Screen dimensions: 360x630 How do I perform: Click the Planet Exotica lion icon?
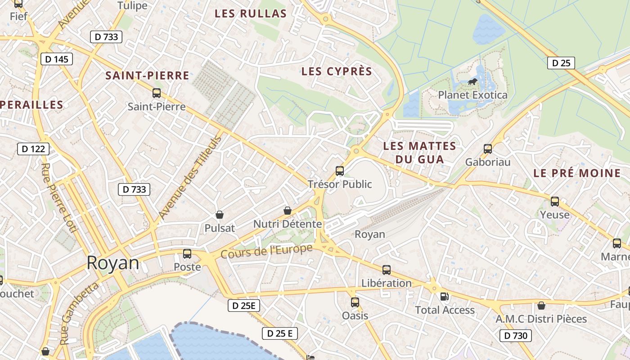click(472, 82)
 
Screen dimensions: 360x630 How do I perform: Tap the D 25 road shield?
click(561, 63)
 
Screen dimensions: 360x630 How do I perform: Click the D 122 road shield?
click(33, 148)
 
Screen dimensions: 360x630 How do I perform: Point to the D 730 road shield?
click(516, 335)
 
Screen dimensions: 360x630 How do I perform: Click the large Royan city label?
click(112, 263)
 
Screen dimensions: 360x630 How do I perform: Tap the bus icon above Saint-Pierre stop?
click(157, 93)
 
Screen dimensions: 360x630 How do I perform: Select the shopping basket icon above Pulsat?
click(220, 215)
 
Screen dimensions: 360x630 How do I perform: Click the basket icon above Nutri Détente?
click(288, 211)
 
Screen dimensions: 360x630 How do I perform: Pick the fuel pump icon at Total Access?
click(444, 297)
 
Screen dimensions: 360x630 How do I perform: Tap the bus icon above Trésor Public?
click(340, 171)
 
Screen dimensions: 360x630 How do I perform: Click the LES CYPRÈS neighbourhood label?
click(337, 72)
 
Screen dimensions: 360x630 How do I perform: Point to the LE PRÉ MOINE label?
click(576, 173)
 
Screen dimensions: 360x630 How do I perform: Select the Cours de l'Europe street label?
click(266, 252)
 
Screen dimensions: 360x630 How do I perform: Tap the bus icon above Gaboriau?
click(487, 149)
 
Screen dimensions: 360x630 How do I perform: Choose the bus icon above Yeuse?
click(555, 202)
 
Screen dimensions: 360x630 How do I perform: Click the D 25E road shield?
click(244, 306)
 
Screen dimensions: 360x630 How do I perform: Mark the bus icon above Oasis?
click(355, 302)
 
